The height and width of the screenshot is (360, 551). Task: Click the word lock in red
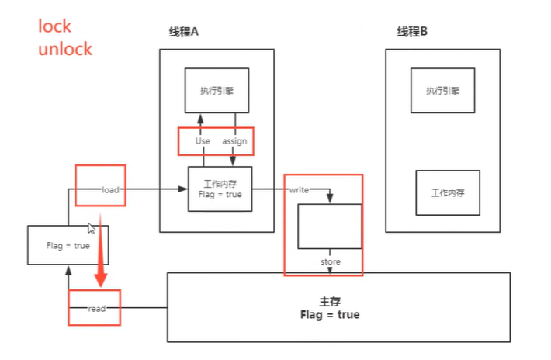coord(55,26)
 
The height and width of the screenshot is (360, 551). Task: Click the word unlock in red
coord(65,48)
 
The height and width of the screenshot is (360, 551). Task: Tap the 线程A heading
coord(184,32)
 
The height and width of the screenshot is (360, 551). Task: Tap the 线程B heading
coord(412,32)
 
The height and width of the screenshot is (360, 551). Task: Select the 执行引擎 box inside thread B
coord(442,91)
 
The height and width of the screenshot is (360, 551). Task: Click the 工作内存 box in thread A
coord(220,189)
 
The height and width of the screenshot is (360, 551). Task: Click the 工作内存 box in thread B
coord(448,191)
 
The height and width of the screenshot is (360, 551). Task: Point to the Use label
coord(203,141)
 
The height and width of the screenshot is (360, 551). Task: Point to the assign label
coord(234,141)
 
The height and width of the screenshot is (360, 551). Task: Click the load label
coord(109,189)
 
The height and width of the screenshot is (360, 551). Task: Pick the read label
coord(96,309)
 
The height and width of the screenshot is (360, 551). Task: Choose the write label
coord(298,189)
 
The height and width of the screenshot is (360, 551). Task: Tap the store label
coord(331,262)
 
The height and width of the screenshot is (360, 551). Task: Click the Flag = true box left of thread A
coord(68,247)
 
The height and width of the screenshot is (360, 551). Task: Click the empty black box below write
coord(331,226)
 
